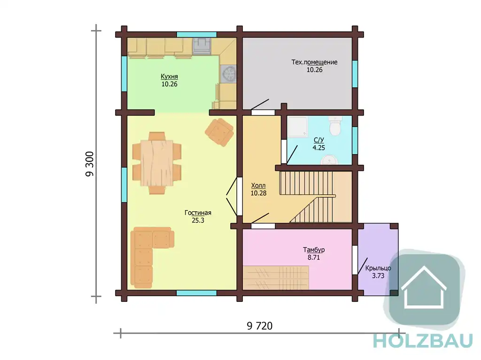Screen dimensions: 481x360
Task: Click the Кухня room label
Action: point(169,77)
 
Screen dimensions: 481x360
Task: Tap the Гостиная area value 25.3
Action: point(198,220)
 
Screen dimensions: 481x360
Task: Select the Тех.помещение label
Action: point(314,62)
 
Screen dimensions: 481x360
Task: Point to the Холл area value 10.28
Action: point(258,193)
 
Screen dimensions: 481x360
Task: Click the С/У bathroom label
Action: point(319,140)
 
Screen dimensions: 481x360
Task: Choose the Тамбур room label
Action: point(314,250)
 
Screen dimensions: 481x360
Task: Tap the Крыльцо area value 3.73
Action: point(378,276)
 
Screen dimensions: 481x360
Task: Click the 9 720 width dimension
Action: point(259,326)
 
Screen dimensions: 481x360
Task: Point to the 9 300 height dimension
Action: point(90,164)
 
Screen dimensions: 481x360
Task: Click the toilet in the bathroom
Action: point(334,126)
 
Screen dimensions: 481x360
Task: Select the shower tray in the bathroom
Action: point(297,126)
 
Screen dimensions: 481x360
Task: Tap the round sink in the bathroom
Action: point(329,160)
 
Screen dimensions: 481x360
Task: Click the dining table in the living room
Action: point(157,163)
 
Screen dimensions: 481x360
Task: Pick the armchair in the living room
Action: point(219,132)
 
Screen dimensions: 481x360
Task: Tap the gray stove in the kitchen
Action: point(202,46)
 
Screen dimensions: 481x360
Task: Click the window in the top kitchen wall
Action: point(197,34)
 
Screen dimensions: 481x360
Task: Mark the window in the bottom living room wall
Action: point(197,293)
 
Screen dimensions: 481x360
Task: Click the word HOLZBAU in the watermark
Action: point(423,341)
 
